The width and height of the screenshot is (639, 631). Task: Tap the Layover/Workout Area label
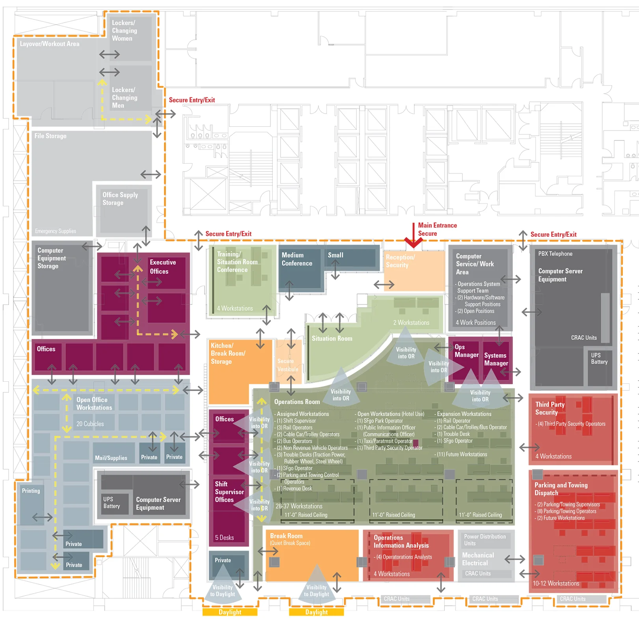[50, 44]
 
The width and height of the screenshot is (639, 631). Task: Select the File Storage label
[50, 136]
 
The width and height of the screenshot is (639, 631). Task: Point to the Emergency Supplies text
[56, 231]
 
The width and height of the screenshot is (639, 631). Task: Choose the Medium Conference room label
[297, 259]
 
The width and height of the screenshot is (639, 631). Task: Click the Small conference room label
[335, 255]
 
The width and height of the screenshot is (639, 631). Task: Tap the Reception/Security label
[400, 261]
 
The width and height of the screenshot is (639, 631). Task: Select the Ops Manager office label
[466, 351]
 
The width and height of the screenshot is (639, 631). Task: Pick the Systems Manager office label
[496, 359]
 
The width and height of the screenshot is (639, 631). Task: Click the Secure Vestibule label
[288, 365]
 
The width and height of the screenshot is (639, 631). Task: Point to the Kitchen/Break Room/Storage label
[228, 353]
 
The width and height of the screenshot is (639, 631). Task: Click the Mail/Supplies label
[111, 458]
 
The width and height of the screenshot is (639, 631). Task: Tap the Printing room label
[31, 491]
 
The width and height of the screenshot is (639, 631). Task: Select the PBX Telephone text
[555, 254]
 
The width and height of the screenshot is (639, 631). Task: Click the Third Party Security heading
[550, 408]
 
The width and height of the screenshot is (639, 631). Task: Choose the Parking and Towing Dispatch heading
[561, 489]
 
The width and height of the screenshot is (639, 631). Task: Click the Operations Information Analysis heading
[401, 541]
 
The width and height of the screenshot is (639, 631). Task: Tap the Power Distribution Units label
[484, 540]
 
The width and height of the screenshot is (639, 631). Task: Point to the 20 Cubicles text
[90, 424]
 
